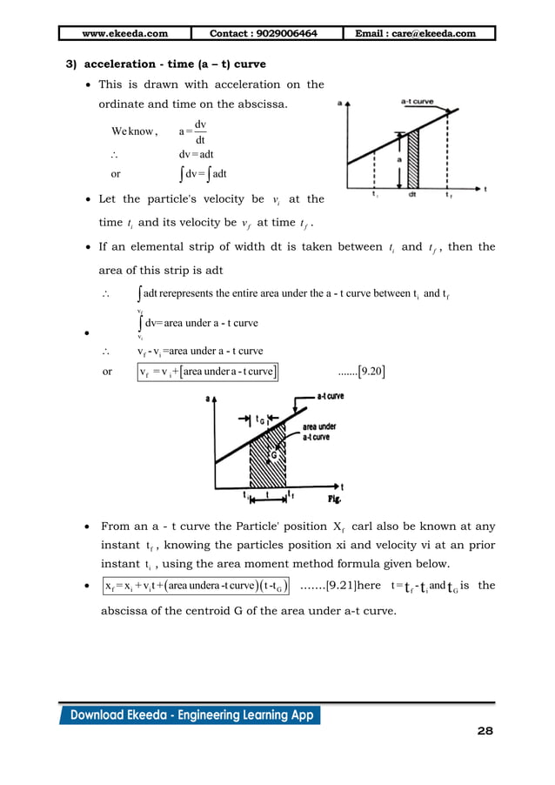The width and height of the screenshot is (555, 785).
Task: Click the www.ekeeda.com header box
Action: [124, 34]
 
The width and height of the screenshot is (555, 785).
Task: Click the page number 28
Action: [485, 731]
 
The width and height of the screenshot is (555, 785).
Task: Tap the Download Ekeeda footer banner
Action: [190, 715]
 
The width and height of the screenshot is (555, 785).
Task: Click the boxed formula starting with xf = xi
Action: [197, 586]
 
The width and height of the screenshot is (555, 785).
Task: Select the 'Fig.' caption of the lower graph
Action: [332, 500]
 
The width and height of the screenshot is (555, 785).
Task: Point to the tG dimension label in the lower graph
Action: [260, 417]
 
